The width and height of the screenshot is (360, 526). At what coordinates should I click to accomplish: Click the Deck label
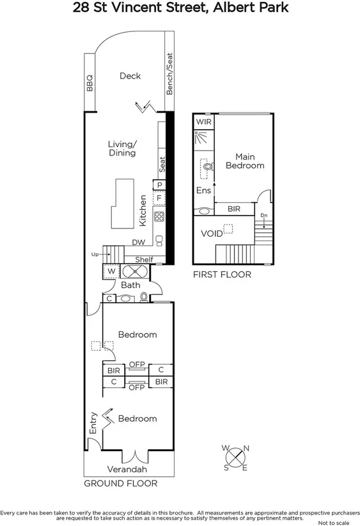pyautogui.click(x=130, y=76)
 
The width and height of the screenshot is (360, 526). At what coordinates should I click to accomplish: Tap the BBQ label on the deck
pyautogui.click(x=90, y=83)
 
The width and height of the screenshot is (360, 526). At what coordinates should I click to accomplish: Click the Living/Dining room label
pyautogui.click(x=121, y=148)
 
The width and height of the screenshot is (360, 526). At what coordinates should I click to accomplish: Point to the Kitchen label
pyautogui.click(x=143, y=210)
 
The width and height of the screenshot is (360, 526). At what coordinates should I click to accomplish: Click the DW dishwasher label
pyautogui.click(x=138, y=243)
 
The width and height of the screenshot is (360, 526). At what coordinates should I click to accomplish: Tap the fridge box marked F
pyautogui.click(x=159, y=198)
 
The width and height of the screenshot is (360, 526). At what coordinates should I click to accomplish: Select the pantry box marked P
pyautogui.click(x=159, y=185)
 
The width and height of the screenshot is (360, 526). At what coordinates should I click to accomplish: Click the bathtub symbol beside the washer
pyautogui.click(x=135, y=271)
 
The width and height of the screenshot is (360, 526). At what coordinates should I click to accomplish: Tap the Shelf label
pyautogui.click(x=144, y=259)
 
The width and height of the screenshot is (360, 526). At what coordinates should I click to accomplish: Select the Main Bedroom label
pyautogui.click(x=245, y=161)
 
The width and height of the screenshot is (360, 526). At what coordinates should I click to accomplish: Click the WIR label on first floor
pyautogui.click(x=203, y=122)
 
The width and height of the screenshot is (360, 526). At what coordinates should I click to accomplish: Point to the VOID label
pyautogui.click(x=212, y=234)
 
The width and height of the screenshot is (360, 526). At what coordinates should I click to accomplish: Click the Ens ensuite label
pyautogui.click(x=203, y=190)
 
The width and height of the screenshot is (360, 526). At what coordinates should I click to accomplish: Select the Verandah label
pyautogui.click(x=127, y=469)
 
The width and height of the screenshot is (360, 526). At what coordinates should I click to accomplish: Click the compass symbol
pyautogui.click(x=235, y=458)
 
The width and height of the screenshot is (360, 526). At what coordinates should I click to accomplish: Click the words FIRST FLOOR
pyautogui.click(x=222, y=274)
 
